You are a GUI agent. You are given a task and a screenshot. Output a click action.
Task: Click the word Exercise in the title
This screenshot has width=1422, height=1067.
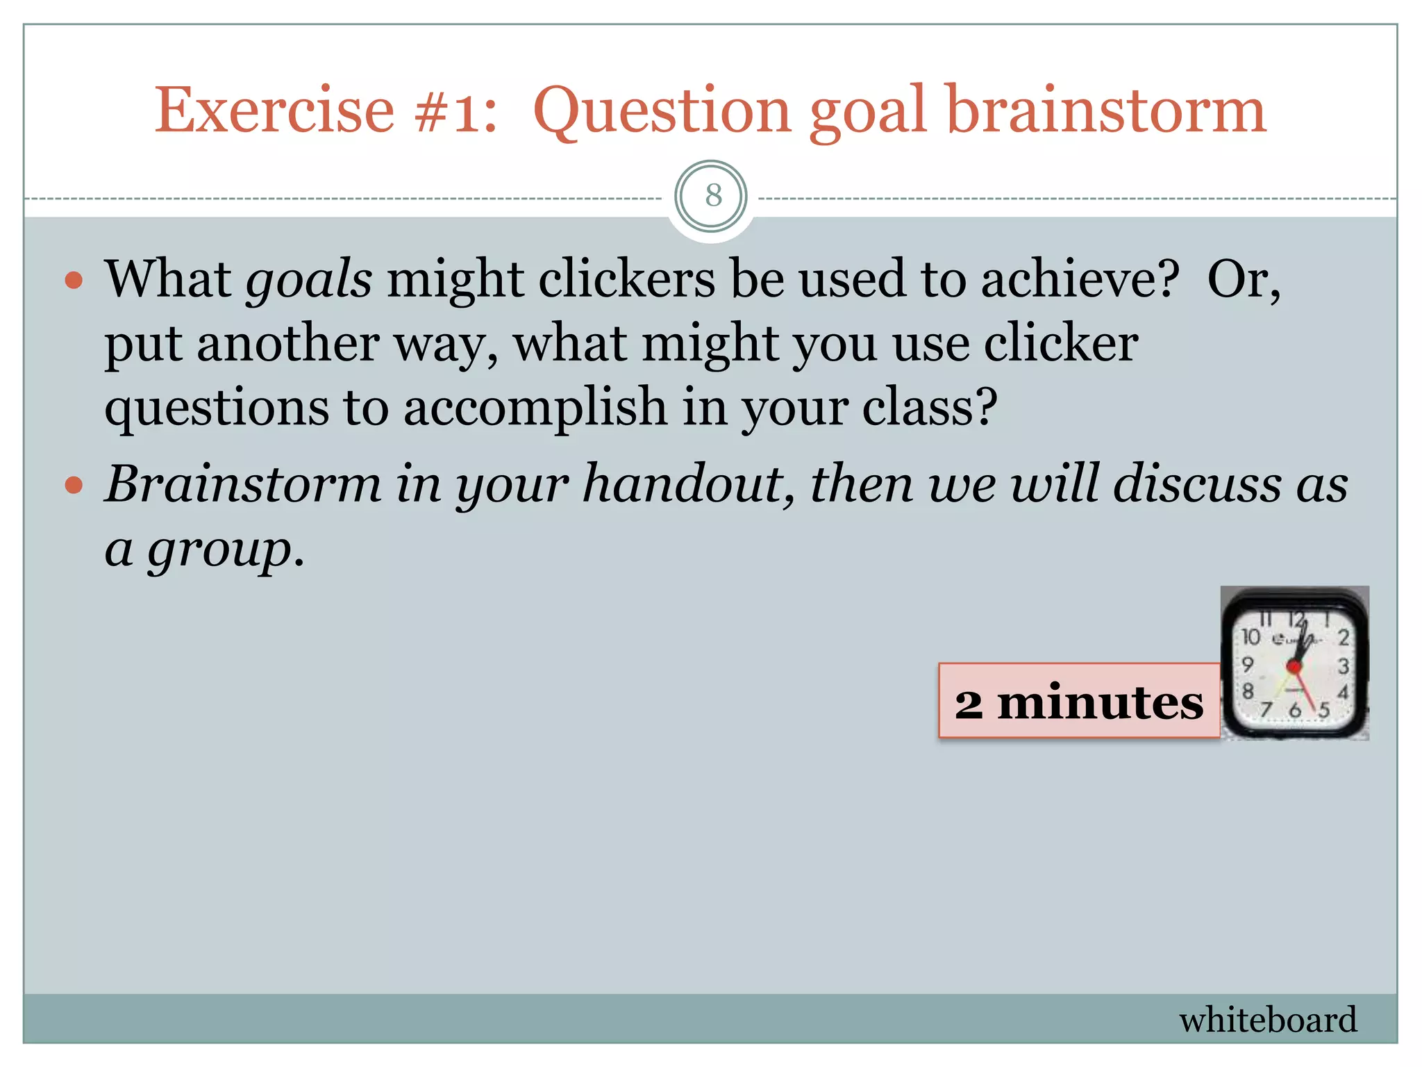pos(274,111)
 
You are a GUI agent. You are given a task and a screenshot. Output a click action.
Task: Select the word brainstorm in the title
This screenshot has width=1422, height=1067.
pos(1106,111)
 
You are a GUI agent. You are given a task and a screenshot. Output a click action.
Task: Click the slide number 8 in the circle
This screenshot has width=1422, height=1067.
pos(712,196)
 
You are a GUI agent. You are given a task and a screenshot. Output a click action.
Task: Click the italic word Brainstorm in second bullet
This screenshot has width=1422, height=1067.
pos(243,484)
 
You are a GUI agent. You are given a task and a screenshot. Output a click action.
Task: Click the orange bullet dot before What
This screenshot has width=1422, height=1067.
pos(74,281)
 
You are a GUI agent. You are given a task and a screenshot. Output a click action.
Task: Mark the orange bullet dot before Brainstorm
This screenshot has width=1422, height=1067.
pos(74,485)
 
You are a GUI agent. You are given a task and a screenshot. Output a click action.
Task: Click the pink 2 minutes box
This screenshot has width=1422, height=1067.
pos(1078,700)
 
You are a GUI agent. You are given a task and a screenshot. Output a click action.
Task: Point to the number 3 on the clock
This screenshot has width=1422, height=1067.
pos(1344,666)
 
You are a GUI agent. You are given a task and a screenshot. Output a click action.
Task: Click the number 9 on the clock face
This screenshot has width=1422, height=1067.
pos(1248,665)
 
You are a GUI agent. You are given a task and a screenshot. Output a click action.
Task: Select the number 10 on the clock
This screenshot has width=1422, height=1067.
pos(1250,636)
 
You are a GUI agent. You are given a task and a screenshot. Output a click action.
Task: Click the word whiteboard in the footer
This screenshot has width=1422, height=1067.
pos(1268,1020)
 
